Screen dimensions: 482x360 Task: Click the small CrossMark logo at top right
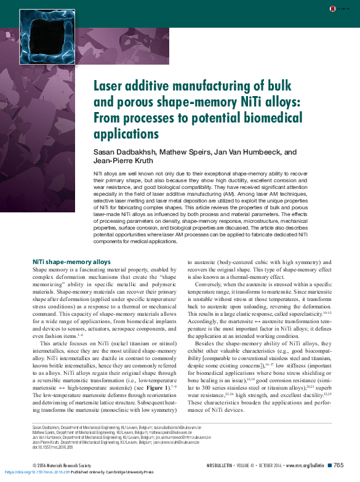tap(333, 8)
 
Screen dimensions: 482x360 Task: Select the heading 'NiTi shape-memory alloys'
tap(71, 262)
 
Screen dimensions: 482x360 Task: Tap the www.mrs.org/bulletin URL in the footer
tap(305, 465)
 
